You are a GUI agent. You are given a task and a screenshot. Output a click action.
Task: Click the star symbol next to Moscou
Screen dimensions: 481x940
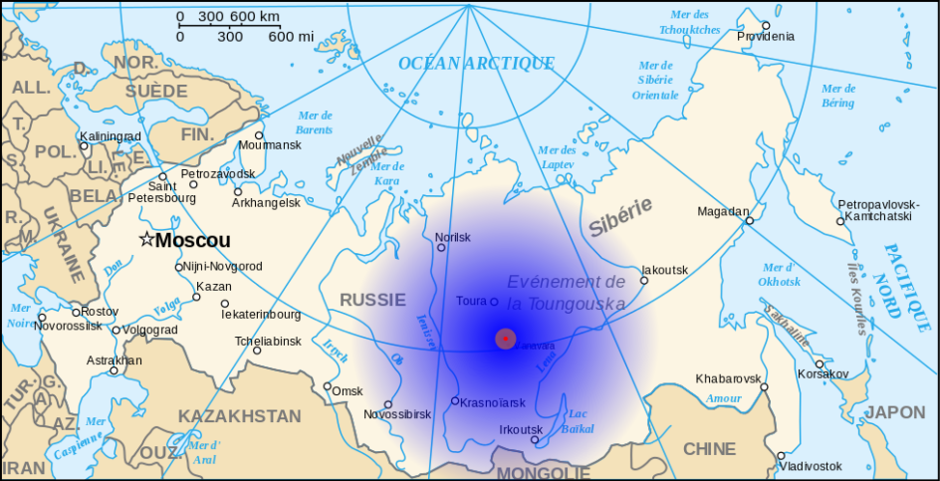[146, 239]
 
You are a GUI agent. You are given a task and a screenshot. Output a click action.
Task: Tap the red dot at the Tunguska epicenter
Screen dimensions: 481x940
[506, 339]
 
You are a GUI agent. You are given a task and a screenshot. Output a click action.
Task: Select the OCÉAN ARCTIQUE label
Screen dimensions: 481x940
[476, 64]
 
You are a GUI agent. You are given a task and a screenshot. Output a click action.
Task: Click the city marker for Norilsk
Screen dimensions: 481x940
[441, 247]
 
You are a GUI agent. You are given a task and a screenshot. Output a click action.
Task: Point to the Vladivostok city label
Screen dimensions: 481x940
[811, 466]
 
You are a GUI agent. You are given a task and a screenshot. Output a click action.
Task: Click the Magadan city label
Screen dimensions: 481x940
[723, 211]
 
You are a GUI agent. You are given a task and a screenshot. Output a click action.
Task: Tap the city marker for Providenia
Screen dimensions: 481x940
[766, 25]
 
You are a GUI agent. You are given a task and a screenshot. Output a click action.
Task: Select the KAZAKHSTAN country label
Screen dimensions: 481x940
[239, 416]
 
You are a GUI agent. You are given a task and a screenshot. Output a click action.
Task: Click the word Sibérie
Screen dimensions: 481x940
[619, 216]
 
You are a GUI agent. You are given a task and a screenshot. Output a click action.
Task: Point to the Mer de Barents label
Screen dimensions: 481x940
[315, 122]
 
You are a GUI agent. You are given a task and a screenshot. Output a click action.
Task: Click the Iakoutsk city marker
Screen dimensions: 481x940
[644, 281]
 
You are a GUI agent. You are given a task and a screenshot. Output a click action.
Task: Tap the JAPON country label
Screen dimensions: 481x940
[894, 412]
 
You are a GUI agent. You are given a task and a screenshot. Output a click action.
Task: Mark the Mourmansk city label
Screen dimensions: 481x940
[269, 145]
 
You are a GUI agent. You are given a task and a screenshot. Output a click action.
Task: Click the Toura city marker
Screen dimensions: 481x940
[494, 301]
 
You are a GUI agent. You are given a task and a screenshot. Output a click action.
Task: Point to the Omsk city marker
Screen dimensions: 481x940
[327, 386]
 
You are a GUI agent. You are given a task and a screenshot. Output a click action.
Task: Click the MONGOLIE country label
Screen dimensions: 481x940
[543, 472]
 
